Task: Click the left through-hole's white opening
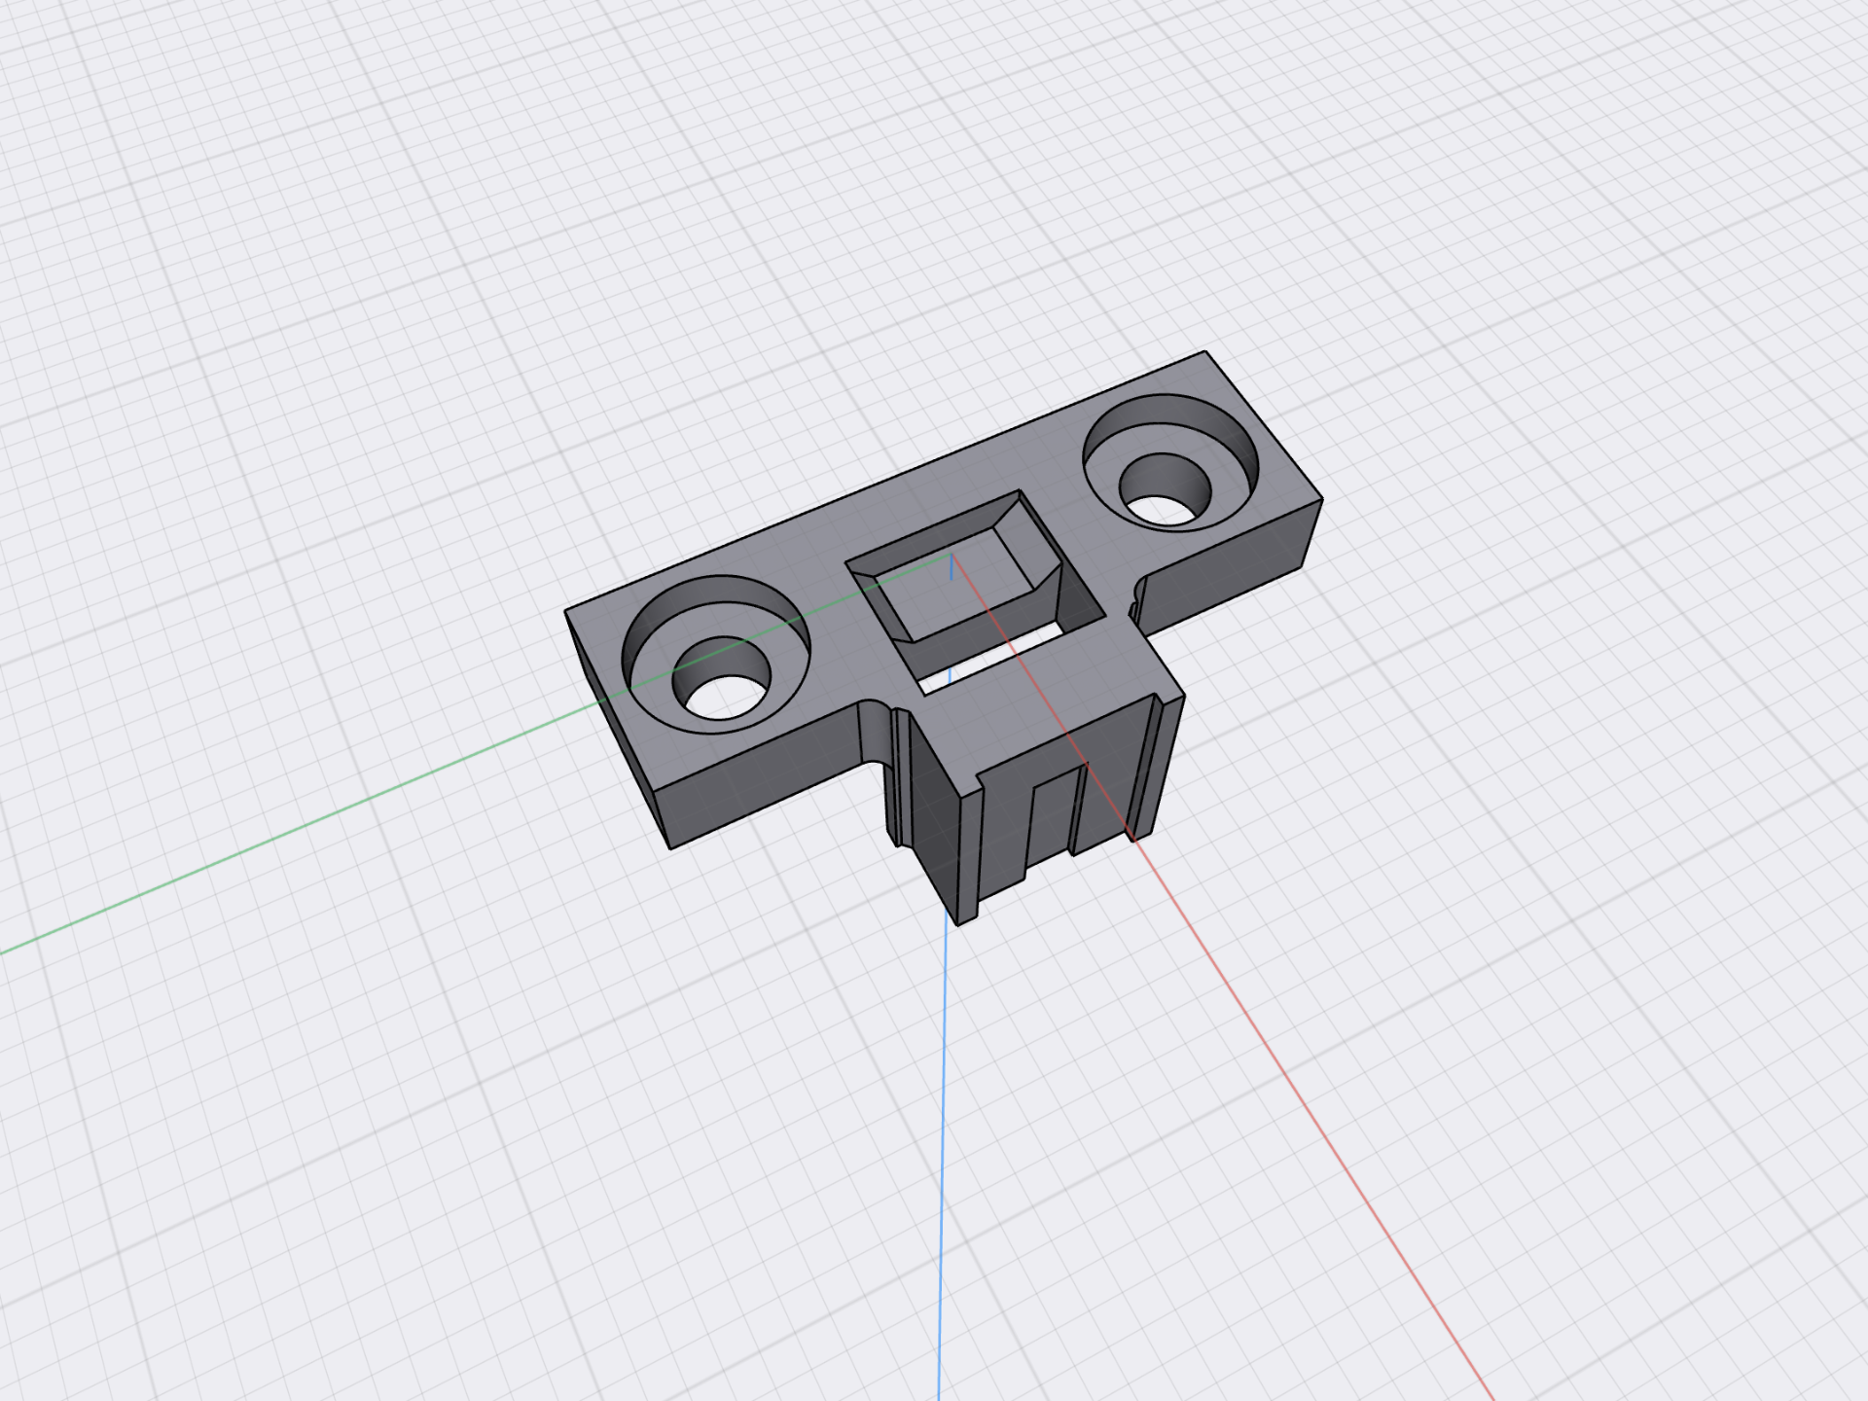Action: [x=722, y=699]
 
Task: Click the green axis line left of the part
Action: [x=292, y=832]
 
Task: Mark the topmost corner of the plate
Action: [x=1205, y=351]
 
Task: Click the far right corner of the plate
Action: [x=1322, y=500]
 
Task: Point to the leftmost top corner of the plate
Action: [x=565, y=612]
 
